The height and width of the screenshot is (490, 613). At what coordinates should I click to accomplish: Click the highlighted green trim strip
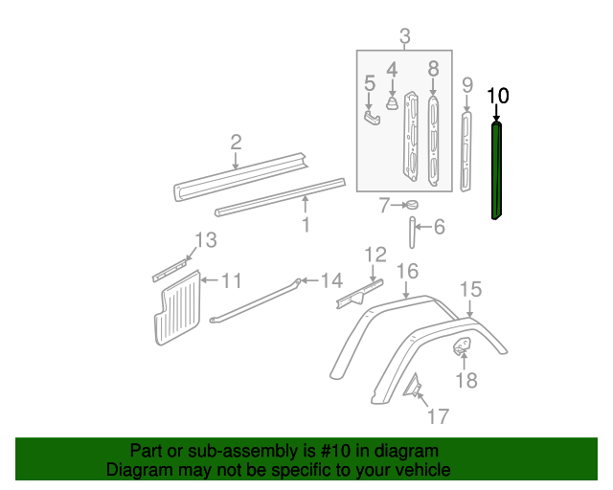[496, 170]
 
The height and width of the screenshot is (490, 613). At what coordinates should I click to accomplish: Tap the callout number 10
[498, 96]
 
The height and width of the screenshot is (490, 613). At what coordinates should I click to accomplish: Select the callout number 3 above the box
[405, 36]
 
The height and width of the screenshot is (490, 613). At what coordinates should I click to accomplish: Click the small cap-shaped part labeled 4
[392, 103]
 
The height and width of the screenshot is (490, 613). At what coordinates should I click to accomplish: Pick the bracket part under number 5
[373, 118]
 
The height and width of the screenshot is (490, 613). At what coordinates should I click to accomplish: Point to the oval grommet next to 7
[413, 204]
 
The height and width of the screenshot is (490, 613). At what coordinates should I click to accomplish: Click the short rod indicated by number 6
[412, 233]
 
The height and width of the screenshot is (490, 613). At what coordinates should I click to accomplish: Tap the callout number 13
[206, 240]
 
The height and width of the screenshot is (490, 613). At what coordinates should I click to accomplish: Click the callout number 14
[331, 280]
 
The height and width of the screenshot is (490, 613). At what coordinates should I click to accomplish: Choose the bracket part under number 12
[359, 294]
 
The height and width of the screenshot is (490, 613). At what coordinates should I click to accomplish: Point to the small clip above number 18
[463, 345]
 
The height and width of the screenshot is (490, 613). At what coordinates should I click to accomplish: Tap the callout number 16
[407, 271]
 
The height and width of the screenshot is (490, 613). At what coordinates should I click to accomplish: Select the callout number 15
[470, 290]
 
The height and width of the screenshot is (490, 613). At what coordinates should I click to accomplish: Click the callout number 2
[236, 143]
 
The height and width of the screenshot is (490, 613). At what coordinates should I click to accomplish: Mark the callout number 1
[306, 225]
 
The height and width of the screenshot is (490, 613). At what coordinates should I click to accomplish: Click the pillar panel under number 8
[433, 141]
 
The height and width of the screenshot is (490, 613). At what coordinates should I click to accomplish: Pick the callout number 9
[467, 85]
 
